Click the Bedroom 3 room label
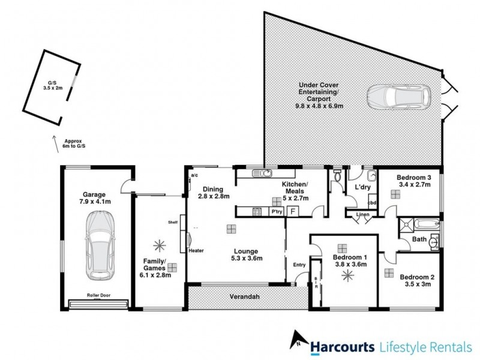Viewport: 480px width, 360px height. pyautogui.click(x=415, y=178)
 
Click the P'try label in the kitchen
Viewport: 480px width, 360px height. pyautogui.click(x=277, y=212)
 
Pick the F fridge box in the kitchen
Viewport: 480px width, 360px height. pyautogui.click(x=293, y=211)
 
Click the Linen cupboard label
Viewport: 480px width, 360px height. pyautogui.click(x=362, y=214)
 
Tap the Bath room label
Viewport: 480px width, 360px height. pyautogui.click(x=419, y=240)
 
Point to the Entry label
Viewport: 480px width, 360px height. pyautogui.click(x=299, y=265)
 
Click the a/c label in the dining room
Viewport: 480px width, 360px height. pyautogui.click(x=194, y=176)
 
